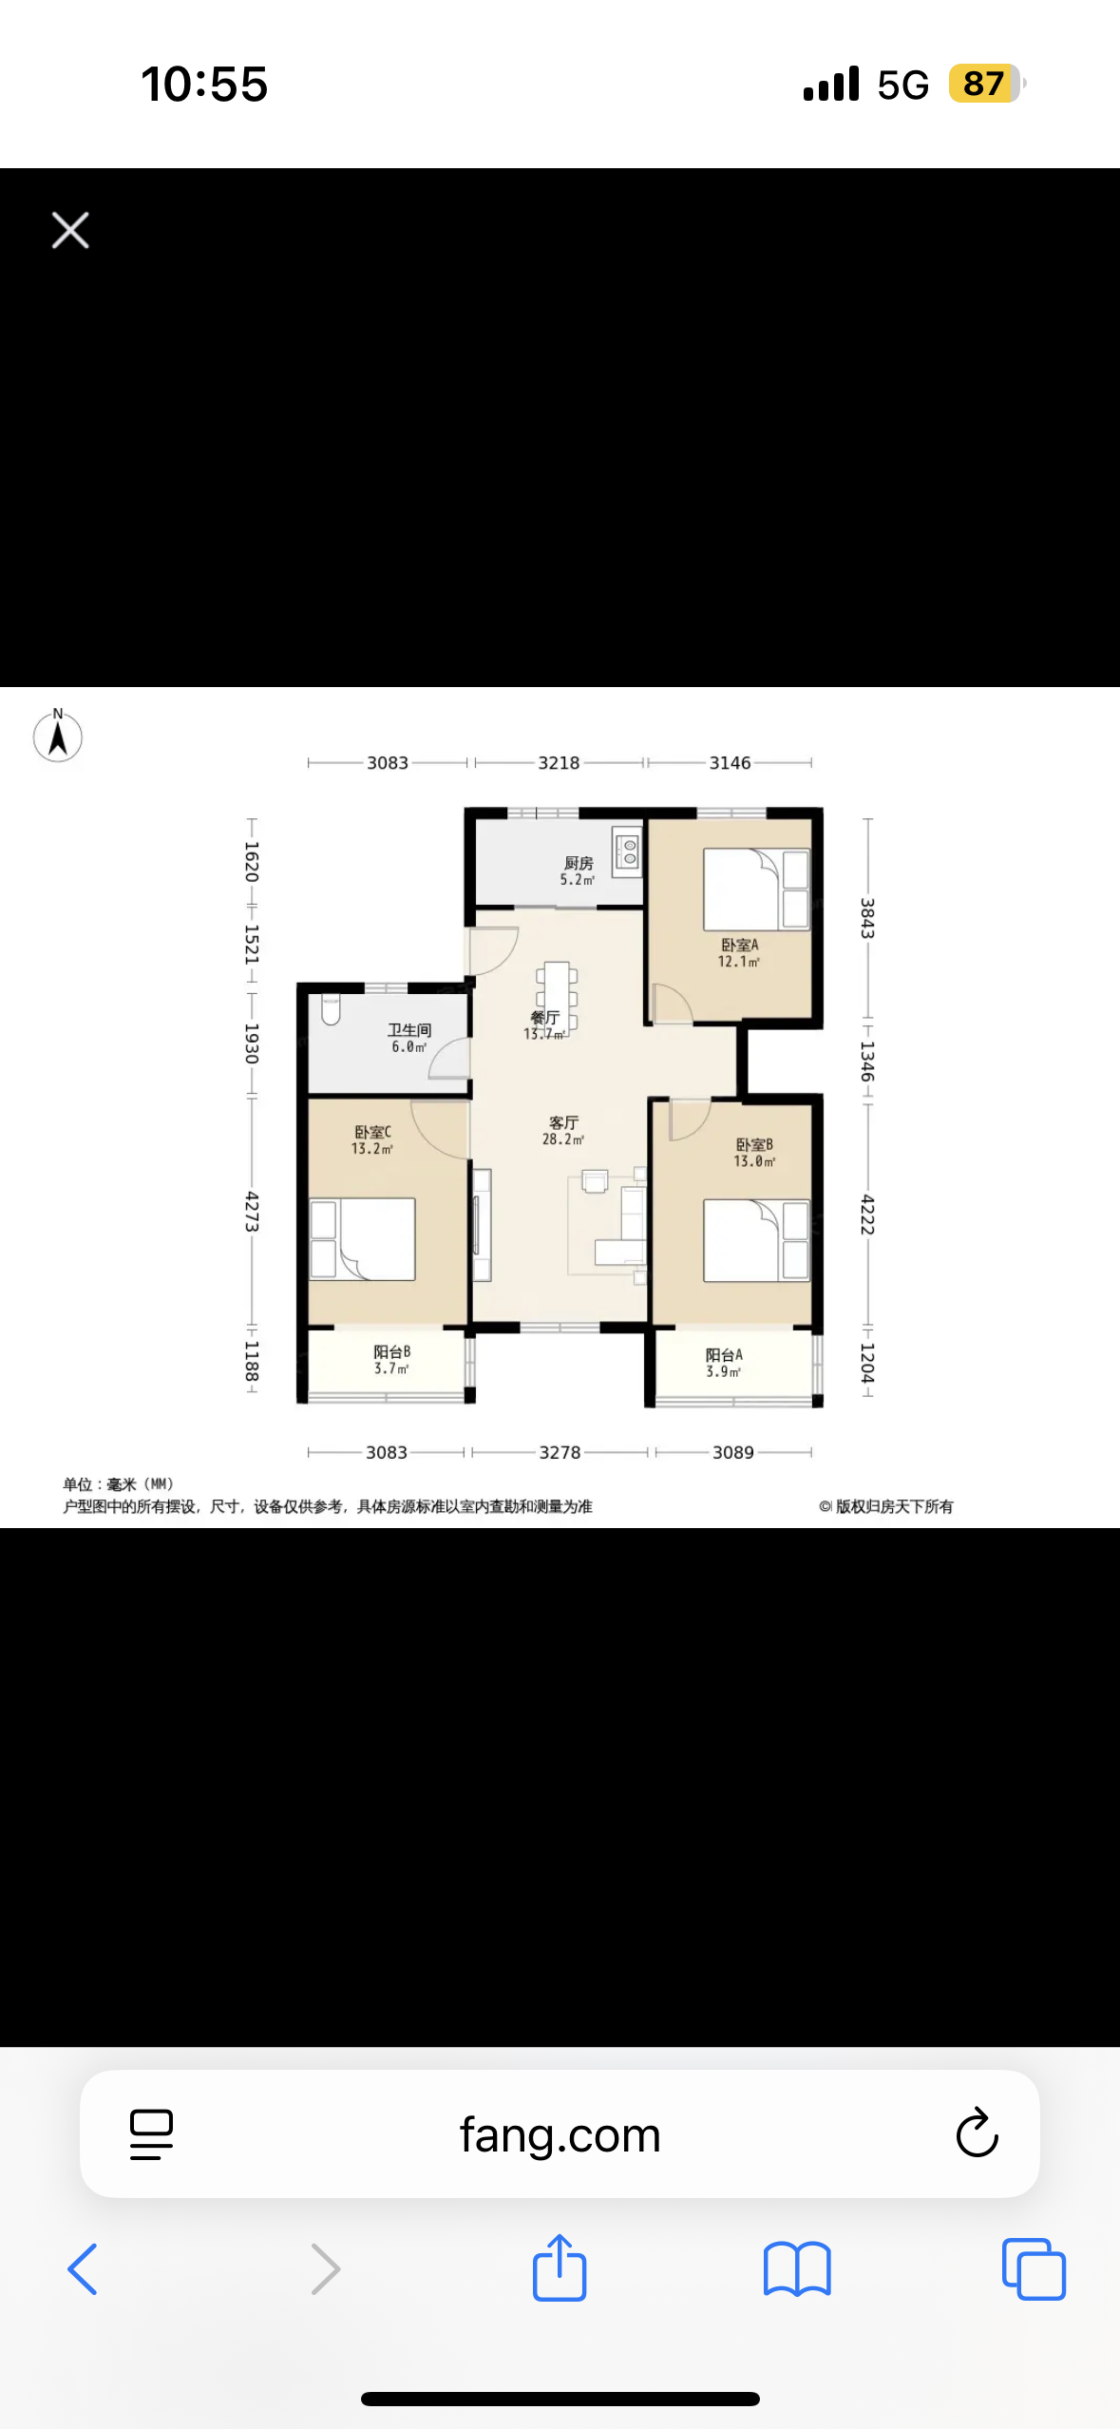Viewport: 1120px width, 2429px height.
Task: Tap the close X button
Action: pos(70,230)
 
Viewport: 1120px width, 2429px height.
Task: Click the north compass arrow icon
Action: pos(58,736)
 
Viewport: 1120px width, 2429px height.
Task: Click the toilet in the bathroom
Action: pos(331,1009)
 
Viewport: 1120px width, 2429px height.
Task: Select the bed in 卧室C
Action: pos(364,1238)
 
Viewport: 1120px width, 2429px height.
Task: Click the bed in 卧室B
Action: pos(756,1240)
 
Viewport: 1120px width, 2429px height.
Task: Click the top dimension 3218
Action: pos(559,763)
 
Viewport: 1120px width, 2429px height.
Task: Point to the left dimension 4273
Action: pos(252,1211)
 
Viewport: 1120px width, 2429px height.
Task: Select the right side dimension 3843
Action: pos(866,918)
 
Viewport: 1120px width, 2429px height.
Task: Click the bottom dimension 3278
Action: pos(560,1452)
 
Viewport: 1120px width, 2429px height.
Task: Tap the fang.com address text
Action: pos(560,2135)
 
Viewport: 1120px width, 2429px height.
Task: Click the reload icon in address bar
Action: pos(977,2134)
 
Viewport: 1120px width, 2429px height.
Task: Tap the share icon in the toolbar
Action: pos(560,2268)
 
